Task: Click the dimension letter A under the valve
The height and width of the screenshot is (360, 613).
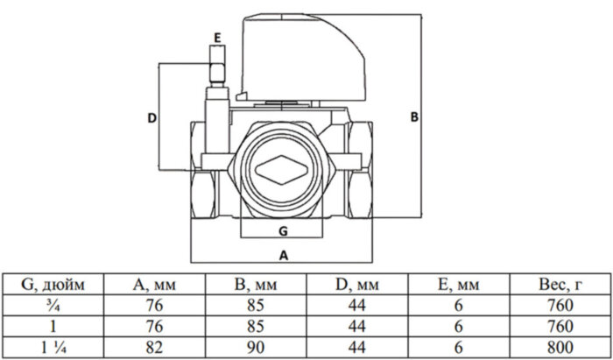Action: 282,254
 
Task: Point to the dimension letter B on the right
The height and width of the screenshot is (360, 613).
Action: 414,116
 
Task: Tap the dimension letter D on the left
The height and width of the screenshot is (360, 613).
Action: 151,117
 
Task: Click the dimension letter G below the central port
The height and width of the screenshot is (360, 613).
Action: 282,229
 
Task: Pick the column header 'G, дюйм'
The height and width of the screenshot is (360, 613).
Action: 53,283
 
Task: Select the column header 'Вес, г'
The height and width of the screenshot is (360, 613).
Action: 557,283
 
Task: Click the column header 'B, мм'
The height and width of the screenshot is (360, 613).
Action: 256,283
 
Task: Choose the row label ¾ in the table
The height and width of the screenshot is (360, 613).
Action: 53,305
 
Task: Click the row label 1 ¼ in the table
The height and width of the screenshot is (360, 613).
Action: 53,345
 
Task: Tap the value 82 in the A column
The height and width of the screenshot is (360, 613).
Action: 155,345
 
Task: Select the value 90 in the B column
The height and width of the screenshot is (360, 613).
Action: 256,345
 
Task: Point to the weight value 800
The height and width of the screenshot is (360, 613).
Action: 557,345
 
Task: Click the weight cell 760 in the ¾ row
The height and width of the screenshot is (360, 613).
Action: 557,305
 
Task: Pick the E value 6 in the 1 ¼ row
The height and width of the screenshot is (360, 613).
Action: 457,345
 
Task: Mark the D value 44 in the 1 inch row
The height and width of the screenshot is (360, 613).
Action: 356,325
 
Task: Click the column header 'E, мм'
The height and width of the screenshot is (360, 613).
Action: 457,283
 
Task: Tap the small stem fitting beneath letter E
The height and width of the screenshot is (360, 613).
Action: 215,66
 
